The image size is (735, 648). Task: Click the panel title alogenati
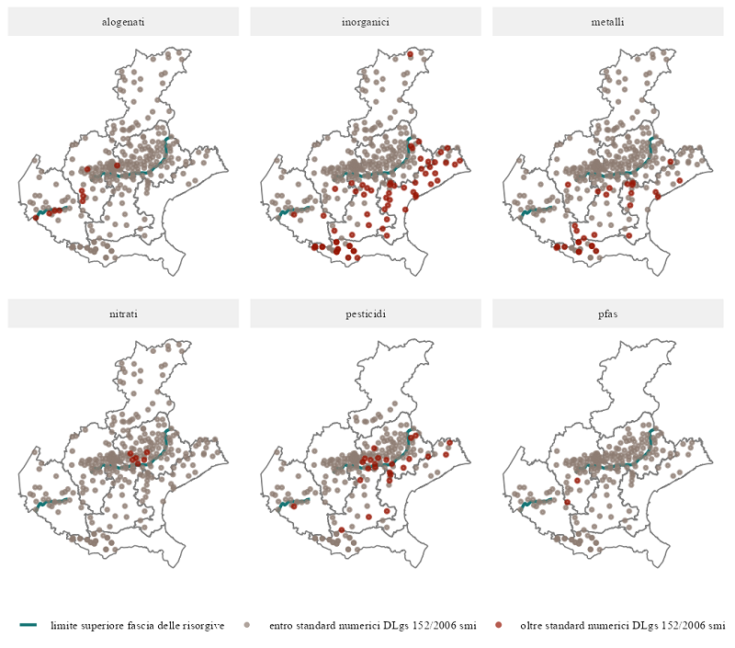[x=123, y=21]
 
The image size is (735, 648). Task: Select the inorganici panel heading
[x=366, y=21]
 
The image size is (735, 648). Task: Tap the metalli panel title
[x=607, y=21]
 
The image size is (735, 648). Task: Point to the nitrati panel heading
[x=123, y=313]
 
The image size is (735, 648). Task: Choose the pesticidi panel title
[x=366, y=313]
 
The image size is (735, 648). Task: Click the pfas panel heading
[x=607, y=313]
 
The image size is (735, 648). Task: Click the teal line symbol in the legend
[x=28, y=626]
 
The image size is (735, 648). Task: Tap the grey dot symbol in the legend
[x=246, y=626]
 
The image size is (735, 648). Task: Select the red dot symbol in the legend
[x=498, y=626]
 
